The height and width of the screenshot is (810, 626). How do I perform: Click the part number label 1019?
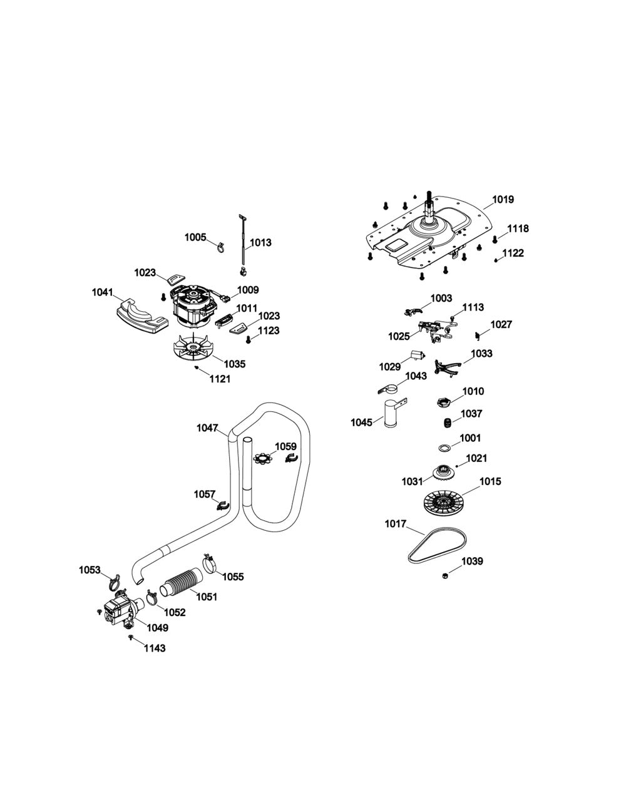[503, 200]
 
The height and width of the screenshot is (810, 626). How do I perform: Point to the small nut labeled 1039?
[444, 575]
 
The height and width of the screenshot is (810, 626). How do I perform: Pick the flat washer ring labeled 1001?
[444, 448]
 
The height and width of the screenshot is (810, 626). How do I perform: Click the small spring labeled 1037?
[447, 423]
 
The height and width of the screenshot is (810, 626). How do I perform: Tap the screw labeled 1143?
[131, 637]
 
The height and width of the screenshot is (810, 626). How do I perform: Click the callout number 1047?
[207, 428]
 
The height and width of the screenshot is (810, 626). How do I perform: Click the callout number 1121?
[220, 378]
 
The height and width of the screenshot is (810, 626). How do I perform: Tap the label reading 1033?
[481, 354]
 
